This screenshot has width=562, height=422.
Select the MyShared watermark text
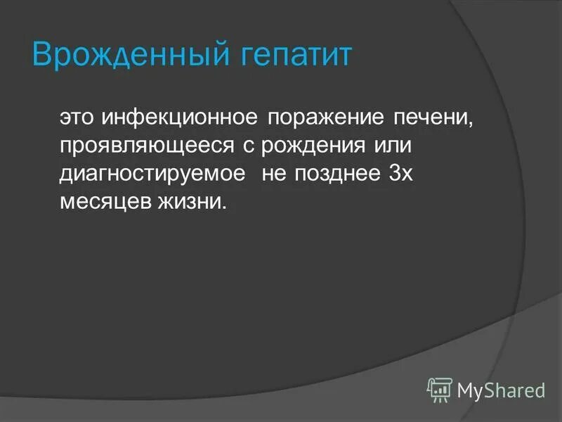click(500, 389)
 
